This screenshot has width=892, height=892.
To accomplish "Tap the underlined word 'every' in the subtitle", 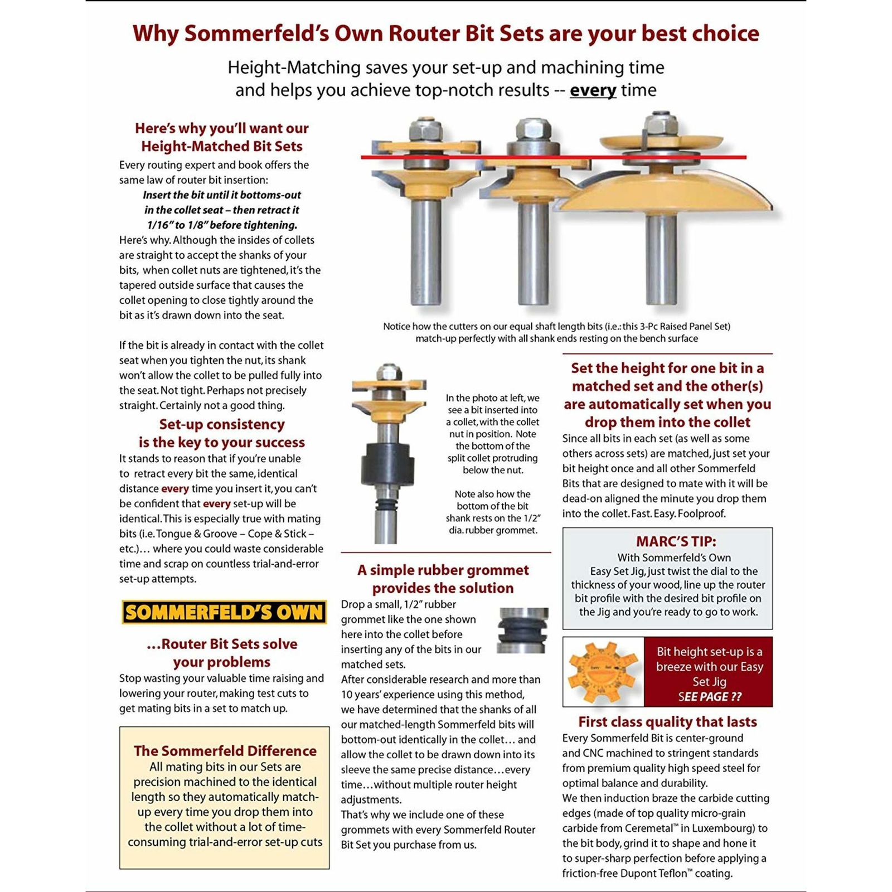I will tap(593, 90).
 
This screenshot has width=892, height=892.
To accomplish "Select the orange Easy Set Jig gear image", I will tap(602, 672).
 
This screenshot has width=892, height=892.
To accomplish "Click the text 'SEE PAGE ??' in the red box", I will tap(709, 697).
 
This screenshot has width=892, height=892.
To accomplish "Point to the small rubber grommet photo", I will tap(522, 630).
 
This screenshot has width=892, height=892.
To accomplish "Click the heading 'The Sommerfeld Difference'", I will tap(225, 751).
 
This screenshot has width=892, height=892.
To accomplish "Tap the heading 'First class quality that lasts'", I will tap(667, 722).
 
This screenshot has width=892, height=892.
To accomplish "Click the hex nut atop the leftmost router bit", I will tap(426, 129).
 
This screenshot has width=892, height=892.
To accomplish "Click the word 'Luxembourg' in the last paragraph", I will tap(720, 828).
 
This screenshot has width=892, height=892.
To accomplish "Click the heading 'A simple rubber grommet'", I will tap(443, 570).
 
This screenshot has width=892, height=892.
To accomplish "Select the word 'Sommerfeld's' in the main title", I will tap(256, 33).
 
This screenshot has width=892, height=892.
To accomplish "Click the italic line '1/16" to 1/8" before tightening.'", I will tap(222, 225).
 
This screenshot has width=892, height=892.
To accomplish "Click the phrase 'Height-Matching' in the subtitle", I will tap(294, 67).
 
